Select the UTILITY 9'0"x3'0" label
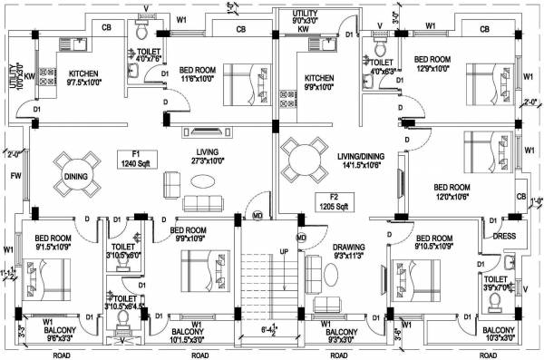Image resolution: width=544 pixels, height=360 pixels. [x=306, y=15]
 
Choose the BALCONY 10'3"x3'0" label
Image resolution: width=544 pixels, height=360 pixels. [x=500, y=334]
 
